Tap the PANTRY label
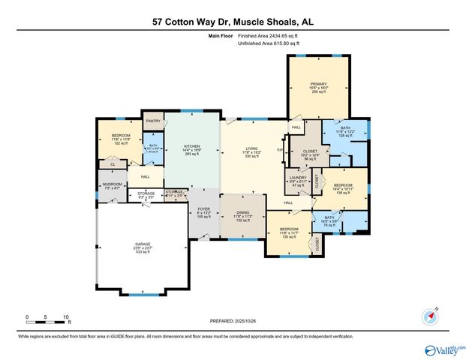154,121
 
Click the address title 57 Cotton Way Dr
233,22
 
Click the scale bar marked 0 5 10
47,318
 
